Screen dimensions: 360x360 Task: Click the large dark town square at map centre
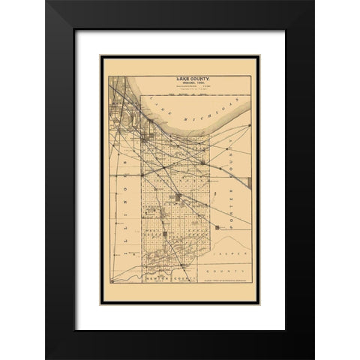tap(179, 196)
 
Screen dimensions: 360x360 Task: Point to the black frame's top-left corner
tap(47, 3)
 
